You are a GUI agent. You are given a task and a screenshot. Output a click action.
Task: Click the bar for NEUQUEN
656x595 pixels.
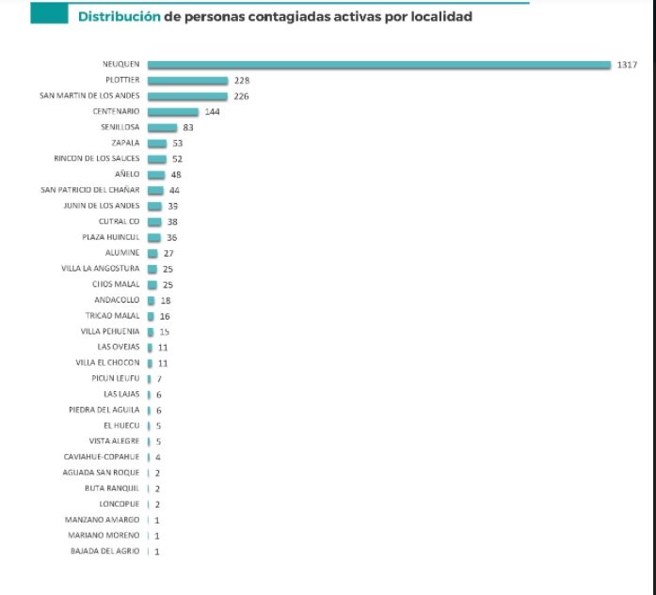[x=380, y=65]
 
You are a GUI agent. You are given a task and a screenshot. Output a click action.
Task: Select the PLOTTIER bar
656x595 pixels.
[x=187, y=81]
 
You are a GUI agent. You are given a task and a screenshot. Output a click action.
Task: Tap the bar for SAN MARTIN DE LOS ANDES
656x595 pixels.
[x=187, y=96]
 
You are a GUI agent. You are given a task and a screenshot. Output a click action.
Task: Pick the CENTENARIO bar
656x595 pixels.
[x=173, y=112]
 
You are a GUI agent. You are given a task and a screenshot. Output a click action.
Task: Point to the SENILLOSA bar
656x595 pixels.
[x=162, y=128]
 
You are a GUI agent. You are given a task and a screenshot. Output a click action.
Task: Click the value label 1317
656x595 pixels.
[x=629, y=65]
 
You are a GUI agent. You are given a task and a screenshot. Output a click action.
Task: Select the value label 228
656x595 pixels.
[x=241, y=81]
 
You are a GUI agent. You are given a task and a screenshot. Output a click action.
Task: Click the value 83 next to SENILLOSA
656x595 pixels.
[x=189, y=128]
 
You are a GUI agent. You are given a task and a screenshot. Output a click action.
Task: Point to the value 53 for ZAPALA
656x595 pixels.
[x=177, y=144]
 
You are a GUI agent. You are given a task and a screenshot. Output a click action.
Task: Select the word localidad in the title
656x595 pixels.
[x=436, y=17]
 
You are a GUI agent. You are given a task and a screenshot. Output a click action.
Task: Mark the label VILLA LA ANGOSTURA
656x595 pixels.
[x=101, y=269]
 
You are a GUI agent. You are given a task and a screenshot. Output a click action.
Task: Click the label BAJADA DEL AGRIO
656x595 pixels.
[x=105, y=551]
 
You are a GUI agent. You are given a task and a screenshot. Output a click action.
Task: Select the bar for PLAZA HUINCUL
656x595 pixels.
[x=155, y=238]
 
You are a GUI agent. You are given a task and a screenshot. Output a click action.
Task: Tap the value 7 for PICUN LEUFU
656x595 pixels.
[x=159, y=379]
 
